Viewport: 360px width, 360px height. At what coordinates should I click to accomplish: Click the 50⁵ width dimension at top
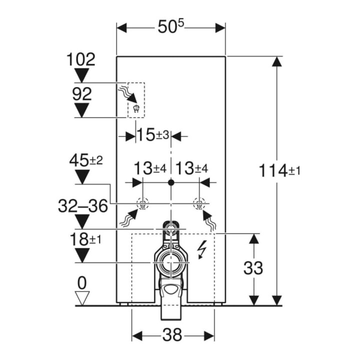[x=171, y=26]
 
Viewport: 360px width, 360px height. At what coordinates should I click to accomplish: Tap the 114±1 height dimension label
[x=279, y=171]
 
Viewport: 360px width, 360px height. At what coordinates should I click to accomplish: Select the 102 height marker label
[x=81, y=59]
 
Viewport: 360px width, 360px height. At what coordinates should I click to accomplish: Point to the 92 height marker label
[x=82, y=94]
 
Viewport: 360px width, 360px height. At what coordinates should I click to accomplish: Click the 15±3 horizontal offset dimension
[x=153, y=135]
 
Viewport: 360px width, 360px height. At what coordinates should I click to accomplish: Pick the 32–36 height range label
[x=83, y=205]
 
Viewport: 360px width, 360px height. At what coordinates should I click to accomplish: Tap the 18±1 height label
[x=85, y=239]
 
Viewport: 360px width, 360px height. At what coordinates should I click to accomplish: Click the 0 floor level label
[x=82, y=283]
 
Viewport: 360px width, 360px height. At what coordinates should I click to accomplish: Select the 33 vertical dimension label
[x=253, y=268]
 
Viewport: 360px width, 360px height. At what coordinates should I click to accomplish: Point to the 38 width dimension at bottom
[x=172, y=334]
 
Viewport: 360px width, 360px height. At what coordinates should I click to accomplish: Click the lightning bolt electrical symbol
[x=202, y=250]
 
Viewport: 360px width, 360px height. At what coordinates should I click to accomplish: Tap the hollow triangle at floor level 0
[x=82, y=298]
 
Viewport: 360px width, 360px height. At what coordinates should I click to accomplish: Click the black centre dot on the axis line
[x=171, y=182]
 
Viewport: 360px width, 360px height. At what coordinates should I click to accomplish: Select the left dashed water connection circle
[x=142, y=203]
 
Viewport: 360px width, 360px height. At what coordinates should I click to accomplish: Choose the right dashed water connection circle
[x=199, y=203]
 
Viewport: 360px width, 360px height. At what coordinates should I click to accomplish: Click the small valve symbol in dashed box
[x=136, y=109]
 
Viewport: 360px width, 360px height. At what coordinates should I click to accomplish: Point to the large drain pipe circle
[x=170, y=262]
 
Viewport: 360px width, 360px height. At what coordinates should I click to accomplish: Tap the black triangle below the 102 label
[x=81, y=75]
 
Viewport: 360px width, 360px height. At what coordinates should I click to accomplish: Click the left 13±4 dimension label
[x=150, y=168]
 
